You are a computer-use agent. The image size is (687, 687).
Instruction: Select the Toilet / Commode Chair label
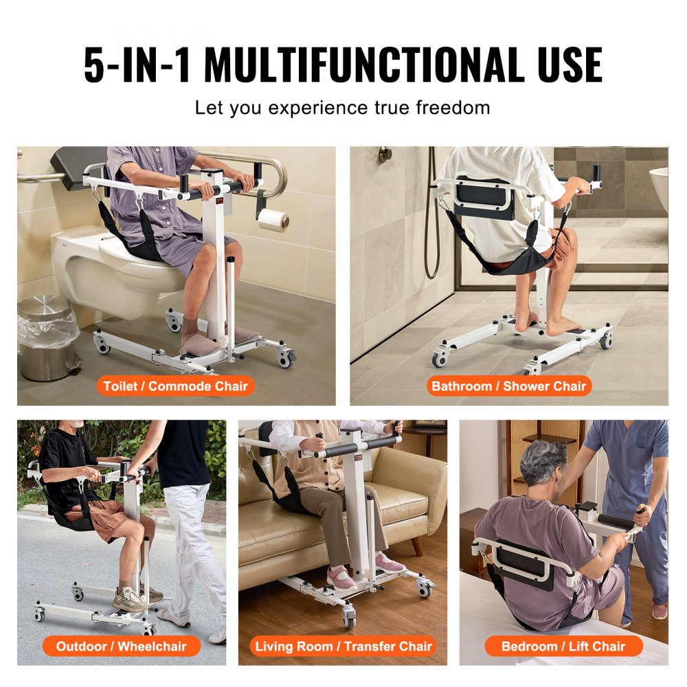[x=175, y=385]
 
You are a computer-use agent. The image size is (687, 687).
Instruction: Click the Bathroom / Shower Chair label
[x=508, y=385]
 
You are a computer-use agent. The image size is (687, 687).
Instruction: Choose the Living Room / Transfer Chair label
[x=343, y=646]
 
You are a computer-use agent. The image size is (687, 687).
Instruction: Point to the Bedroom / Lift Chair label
[x=563, y=646]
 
